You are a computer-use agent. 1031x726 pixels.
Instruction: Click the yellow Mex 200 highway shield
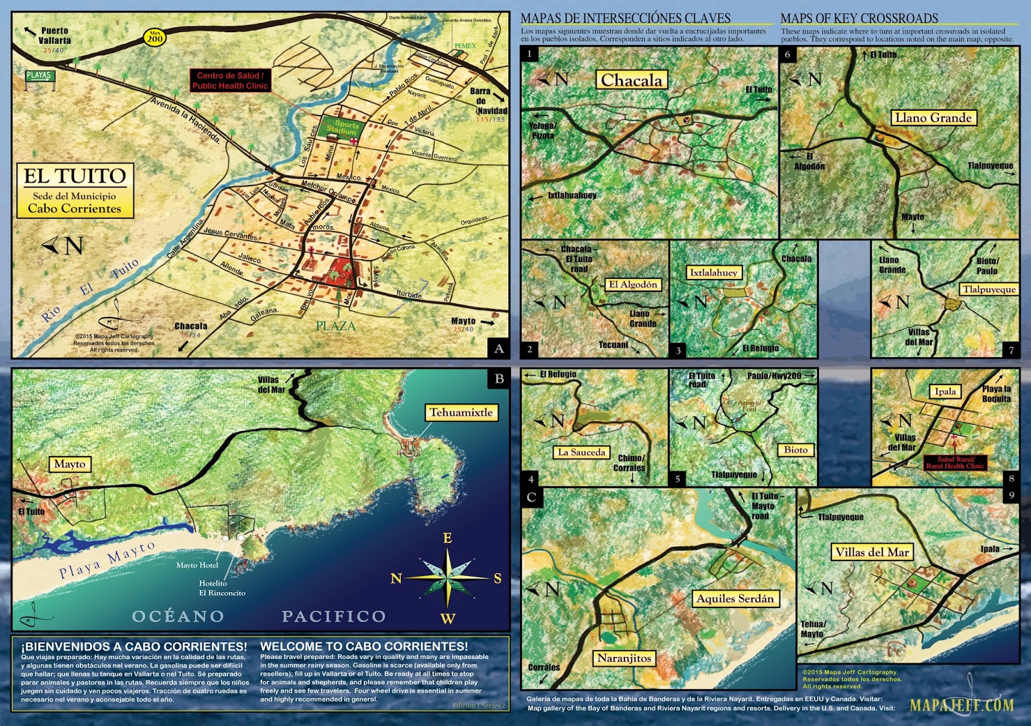[155, 37]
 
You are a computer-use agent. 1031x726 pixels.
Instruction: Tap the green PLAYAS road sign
[39, 76]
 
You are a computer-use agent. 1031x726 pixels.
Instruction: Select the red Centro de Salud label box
[230, 81]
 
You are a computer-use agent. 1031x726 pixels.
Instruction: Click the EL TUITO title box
[75, 191]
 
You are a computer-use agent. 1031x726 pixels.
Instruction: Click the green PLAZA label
[335, 326]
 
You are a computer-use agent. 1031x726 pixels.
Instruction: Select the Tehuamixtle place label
[461, 413]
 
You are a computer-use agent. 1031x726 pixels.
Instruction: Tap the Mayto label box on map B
[70, 464]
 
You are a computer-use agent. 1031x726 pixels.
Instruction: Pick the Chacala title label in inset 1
[631, 81]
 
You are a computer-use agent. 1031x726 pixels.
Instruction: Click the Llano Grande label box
[933, 118]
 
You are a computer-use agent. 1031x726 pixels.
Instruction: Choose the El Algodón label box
[633, 285]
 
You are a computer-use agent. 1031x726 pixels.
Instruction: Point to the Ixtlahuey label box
[713, 273]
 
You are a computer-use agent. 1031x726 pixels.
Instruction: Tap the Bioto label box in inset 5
[796, 450]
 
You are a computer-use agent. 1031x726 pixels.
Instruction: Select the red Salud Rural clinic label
[955, 463]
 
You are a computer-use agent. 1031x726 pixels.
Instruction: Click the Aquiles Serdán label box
[735, 598]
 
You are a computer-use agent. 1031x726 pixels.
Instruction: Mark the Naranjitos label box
[624, 658]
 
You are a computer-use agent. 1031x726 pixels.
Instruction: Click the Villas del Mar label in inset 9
[871, 552]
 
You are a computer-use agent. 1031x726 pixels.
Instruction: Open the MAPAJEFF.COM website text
[961, 705]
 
